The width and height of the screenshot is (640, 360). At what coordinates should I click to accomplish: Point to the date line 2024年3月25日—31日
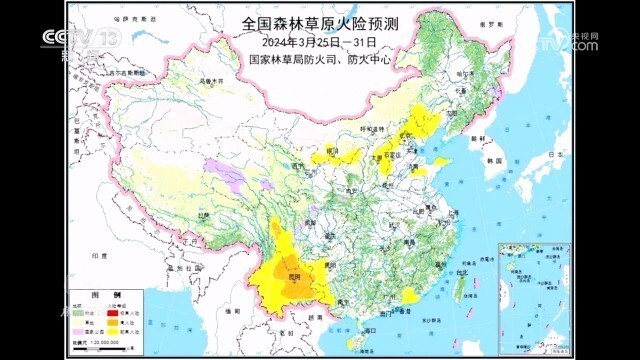(319, 42)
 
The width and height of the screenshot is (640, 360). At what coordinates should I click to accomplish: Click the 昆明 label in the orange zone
(294, 274)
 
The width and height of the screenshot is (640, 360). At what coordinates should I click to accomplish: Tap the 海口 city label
(369, 329)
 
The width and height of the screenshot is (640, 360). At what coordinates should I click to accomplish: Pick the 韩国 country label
(492, 160)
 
